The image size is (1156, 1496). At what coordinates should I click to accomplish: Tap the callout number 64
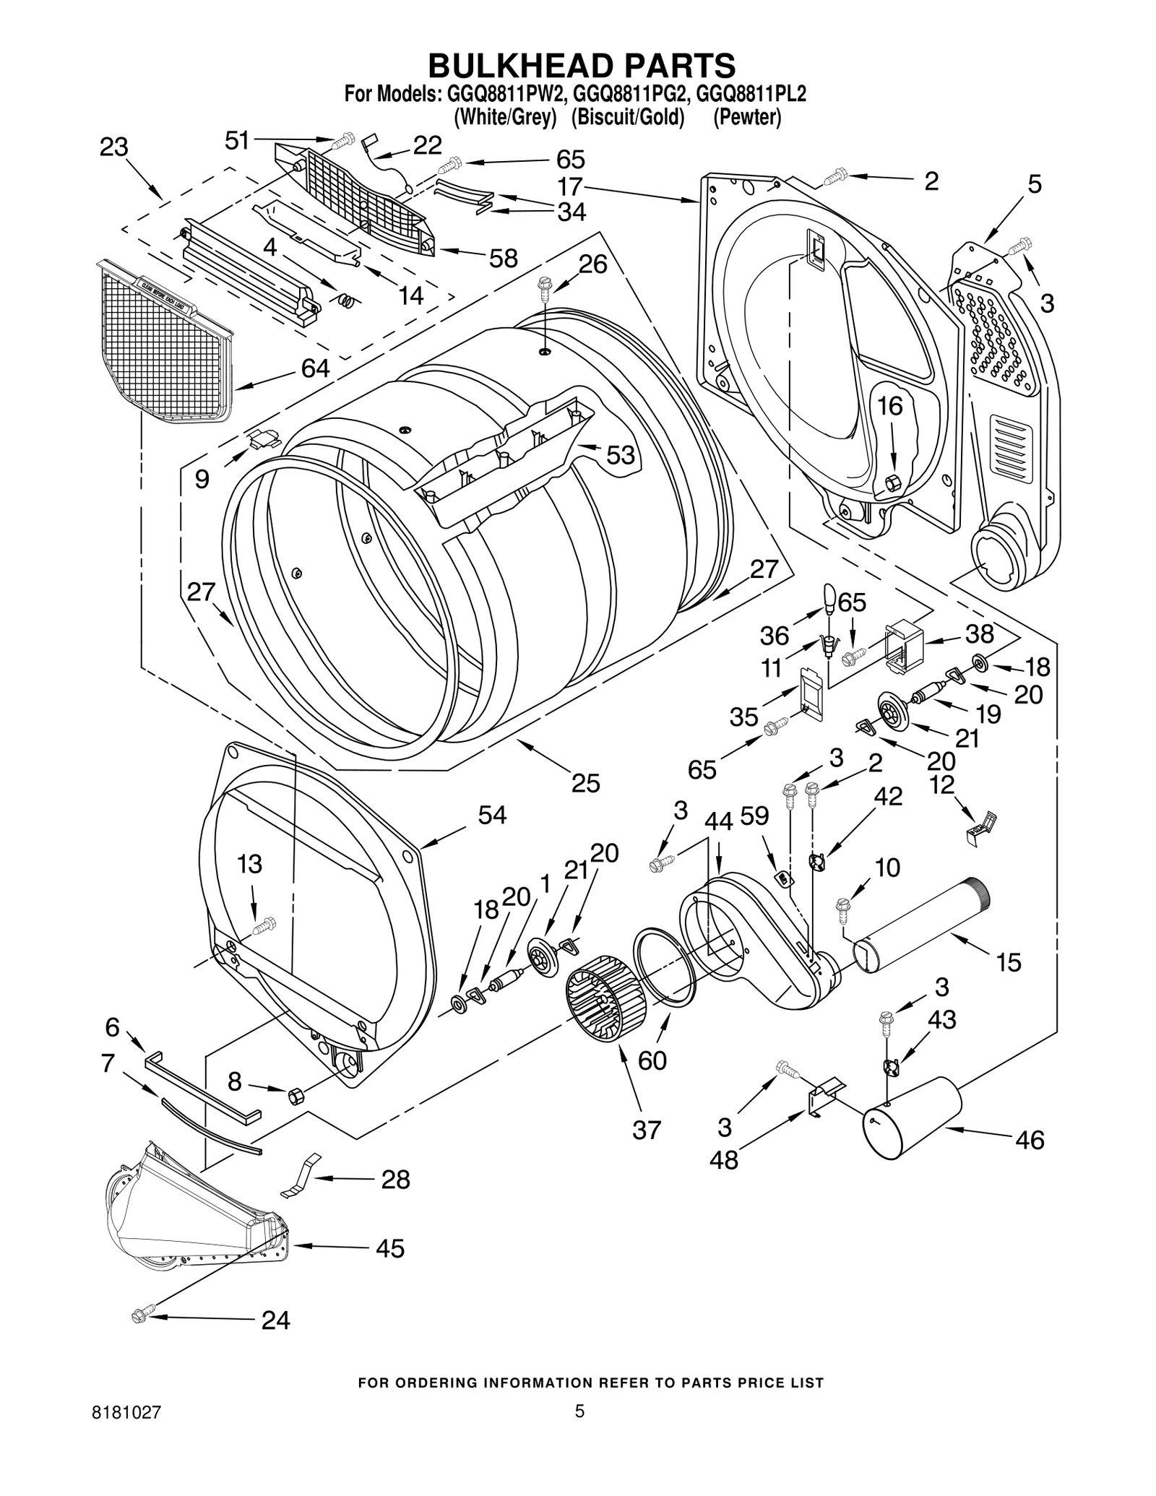coord(315,368)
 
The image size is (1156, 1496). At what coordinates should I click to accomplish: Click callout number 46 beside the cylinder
coord(1030,1141)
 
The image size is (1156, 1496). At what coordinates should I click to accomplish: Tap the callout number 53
coord(620,455)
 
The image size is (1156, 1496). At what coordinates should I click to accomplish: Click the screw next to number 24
coord(141,1317)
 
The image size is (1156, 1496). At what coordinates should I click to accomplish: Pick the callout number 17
coord(569,187)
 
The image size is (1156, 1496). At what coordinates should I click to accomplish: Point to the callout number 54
coord(492,815)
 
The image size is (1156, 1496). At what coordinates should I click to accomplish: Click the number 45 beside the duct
coord(390,1248)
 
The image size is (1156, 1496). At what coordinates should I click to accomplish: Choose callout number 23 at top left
coord(113,147)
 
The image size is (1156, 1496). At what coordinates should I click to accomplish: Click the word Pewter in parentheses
coord(747,117)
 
